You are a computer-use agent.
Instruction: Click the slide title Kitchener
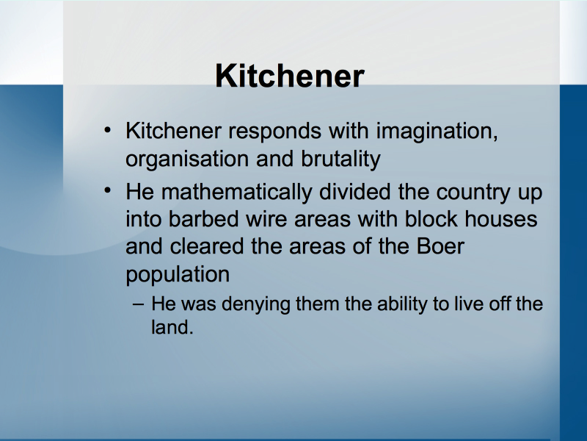[x=290, y=76]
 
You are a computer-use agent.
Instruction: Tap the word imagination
[x=437, y=132]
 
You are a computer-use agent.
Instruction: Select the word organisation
[x=187, y=159]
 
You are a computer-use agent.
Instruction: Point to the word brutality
[x=340, y=159]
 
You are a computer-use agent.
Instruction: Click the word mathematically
[x=236, y=193]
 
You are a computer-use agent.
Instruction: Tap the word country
[x=473, y=193]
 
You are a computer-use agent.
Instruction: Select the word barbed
[x=203, y=218]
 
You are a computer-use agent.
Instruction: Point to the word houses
[x=501, y=218]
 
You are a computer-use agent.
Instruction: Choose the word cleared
[x=207, y=246]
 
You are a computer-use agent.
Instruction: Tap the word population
[x=178, y=275]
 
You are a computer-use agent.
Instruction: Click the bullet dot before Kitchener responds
[x=107, y=130]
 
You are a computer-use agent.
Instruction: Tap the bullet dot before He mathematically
[x=107, y=190]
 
